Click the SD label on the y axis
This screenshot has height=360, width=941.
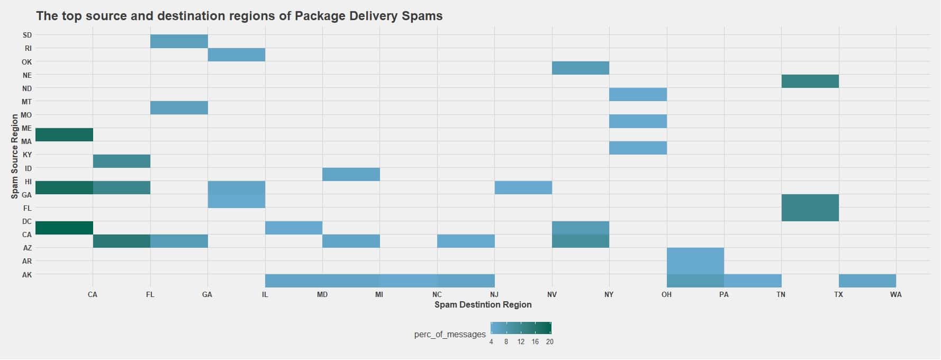point(27,35)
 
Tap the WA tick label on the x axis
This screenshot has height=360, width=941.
point(895,294)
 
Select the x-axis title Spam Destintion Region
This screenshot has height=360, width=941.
point(483,304)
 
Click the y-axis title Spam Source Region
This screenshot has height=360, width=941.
point(14,156)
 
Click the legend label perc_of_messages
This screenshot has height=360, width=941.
point(449,334)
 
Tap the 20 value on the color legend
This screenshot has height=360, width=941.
point(549,342)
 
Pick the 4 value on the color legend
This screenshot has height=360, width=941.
point(491,342)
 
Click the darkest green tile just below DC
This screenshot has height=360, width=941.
point(64,228)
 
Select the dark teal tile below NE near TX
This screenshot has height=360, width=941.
point(810,82)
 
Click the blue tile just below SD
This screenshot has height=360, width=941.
point(179,41)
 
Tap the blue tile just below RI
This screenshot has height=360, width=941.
point(236,55)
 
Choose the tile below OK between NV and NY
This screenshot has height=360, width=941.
point(580,68)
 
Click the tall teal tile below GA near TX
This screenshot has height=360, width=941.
point(810,208)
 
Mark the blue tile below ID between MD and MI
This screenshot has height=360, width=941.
point(351,174)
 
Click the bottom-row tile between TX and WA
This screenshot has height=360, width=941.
point(867,281)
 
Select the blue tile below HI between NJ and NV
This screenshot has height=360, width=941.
point(523,187)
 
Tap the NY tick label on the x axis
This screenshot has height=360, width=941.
point(609,294)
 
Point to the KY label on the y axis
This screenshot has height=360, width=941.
point(27,155)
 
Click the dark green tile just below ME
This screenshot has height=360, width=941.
point(64,134)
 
